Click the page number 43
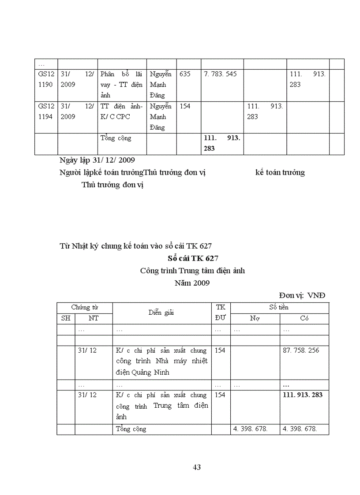point(197,467)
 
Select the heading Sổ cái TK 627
point(193,258)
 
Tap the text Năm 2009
point(192,283)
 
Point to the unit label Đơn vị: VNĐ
point(302,295)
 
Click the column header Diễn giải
point(161,313)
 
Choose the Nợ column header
point(255,319)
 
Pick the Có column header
point(304,319)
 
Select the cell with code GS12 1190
point(46,79)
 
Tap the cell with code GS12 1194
point(46,111)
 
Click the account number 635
point(185,74)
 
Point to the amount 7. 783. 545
point(220,74)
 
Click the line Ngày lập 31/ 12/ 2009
point(97,160)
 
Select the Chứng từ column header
point(84,307)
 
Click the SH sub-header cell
point(65,318)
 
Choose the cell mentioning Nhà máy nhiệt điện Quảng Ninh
point(161,361)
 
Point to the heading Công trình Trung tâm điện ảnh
point(192,271)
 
